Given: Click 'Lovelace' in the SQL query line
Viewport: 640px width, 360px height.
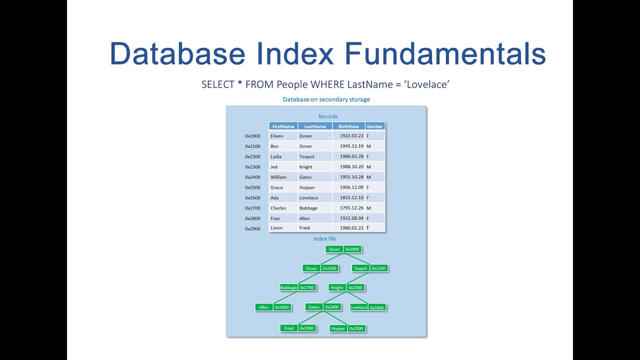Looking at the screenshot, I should (427, 84).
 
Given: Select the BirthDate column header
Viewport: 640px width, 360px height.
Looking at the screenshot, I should (348, 126).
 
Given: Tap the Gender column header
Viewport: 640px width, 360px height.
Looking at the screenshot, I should (374, 126).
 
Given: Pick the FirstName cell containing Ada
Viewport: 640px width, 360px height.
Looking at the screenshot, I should (274, 198).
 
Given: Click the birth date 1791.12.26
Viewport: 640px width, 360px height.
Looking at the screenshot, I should (351, 208).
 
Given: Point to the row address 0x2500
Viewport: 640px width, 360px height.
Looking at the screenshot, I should (252, 187).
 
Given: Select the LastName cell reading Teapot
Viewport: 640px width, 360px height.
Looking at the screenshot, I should (306, 156).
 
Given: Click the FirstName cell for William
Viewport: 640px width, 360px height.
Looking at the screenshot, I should (278, 177).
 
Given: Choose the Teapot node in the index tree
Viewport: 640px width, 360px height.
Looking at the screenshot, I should (360, 268).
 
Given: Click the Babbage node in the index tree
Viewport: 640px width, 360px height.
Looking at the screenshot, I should (288, 287).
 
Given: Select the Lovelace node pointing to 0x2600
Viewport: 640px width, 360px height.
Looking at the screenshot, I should (358, 307).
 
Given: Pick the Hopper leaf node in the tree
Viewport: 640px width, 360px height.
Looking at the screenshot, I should (338, 328).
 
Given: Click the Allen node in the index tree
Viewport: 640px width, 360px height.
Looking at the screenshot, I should (264, 307).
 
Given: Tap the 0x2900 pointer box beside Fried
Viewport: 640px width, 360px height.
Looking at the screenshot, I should (307, 328).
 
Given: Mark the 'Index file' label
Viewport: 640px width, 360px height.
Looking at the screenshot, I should (325, 239).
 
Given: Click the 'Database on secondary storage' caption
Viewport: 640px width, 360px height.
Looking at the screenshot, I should (326, 99).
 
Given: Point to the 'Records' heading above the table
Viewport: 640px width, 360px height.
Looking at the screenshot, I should (328, 116).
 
